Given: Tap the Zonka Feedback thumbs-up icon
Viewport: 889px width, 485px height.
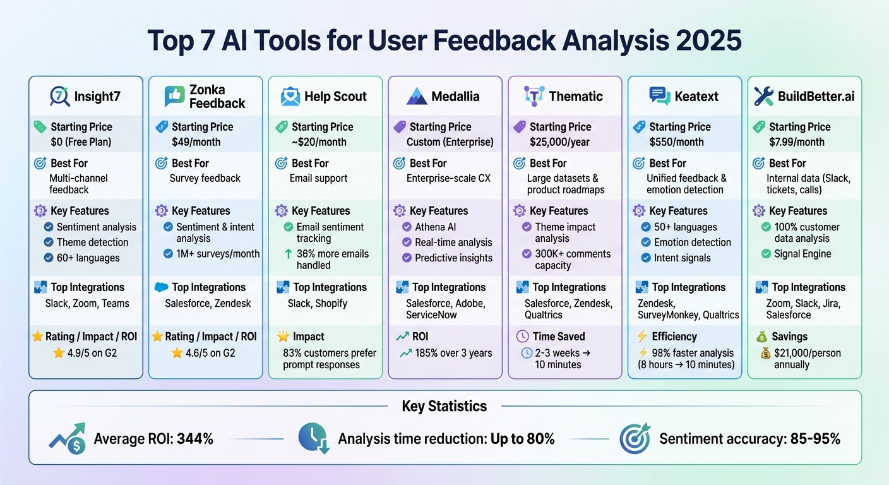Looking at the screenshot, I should click(x=174, y=97).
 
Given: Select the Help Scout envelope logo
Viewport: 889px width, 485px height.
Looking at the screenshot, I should click(x=290, y=97).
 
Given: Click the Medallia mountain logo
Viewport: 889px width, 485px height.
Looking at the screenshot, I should click(x=417, y=97).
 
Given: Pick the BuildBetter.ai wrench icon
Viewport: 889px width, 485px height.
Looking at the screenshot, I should click(x=763, y=97).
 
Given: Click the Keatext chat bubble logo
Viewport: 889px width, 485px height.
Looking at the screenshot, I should click(x=660, y=97).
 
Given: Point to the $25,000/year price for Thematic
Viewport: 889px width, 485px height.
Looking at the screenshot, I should click(x=558, y=142).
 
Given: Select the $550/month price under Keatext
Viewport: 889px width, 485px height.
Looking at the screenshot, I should click(x=676, y=142).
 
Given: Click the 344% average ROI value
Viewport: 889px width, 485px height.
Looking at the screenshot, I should click(x=195, y=439).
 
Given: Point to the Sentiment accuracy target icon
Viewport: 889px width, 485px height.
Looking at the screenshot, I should click(x=635, y=439).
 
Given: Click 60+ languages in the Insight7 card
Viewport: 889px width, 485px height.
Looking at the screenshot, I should click(x=88, y=258).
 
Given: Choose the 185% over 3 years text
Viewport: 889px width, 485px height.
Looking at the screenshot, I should click(x=453, y=353).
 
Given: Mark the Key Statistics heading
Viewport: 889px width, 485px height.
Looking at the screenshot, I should click(x=444, y=406).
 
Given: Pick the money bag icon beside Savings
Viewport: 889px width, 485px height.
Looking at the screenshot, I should click(x=761, y=337).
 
